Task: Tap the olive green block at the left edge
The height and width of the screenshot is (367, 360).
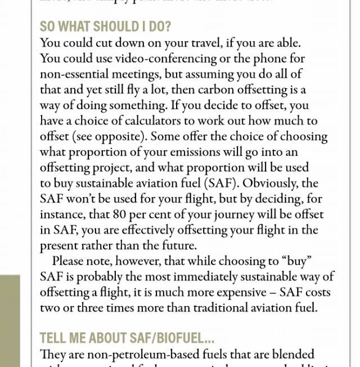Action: pos(10,320)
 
